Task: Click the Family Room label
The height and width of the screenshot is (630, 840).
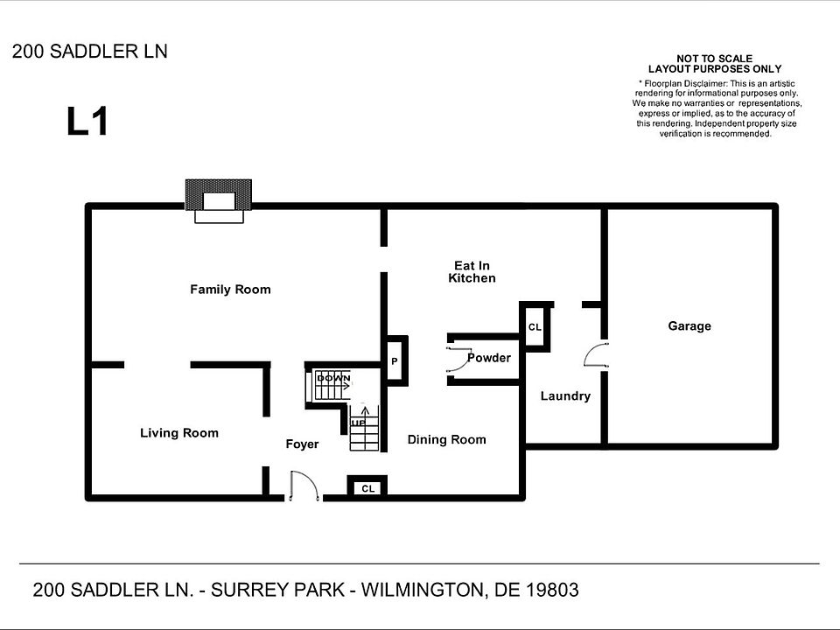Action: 230,290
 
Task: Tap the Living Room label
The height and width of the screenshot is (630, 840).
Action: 179,433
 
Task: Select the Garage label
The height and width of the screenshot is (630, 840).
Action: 689,326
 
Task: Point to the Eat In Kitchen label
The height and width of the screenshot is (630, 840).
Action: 472,272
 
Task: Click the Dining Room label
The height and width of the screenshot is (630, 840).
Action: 446,440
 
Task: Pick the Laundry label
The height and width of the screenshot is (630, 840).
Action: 565,396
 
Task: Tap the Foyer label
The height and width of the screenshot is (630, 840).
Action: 302,444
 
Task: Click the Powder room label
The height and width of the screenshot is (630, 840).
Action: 488,358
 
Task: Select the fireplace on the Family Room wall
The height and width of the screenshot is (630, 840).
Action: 218,199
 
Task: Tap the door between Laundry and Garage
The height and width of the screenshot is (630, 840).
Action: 596,354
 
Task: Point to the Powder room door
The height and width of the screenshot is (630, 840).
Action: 456,359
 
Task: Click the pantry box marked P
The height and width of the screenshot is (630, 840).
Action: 395,360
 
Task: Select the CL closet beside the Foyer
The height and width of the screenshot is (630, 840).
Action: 367,488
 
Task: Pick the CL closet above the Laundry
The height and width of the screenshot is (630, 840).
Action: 535,327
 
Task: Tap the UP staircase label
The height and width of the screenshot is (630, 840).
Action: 358,423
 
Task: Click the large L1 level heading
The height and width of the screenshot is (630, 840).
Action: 87,122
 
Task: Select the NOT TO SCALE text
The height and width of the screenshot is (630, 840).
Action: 714,59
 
